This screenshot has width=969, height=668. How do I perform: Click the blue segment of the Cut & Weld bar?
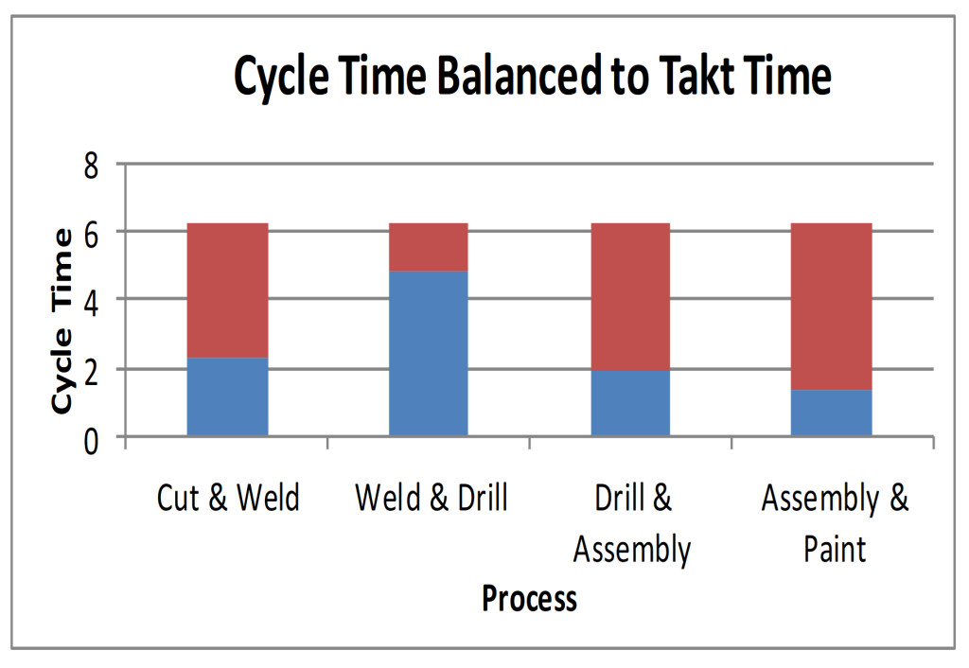(x=227, y=397)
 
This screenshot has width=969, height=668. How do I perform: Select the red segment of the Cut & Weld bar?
(x=227, y=290)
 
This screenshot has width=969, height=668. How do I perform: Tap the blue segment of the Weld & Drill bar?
(x=429, y=354)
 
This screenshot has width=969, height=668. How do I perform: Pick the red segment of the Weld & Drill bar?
(x=429, y=247)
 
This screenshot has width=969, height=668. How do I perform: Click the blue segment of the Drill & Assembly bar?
(x=630, y=403)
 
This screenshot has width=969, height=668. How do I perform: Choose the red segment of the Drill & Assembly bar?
(x=630, y=296)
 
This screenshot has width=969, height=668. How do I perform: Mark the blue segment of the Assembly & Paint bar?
(x=831, y=413)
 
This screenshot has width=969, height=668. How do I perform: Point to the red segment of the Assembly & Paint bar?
(x=831, y=307)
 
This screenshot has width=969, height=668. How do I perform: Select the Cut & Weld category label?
(x=228, y=498)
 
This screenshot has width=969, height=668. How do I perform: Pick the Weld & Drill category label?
(x=431, y=498)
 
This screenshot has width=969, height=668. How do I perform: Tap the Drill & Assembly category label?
(x=632, y=523)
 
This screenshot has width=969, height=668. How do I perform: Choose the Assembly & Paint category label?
(x=835, y=523)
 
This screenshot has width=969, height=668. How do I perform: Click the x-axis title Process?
(x=529, y=599)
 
